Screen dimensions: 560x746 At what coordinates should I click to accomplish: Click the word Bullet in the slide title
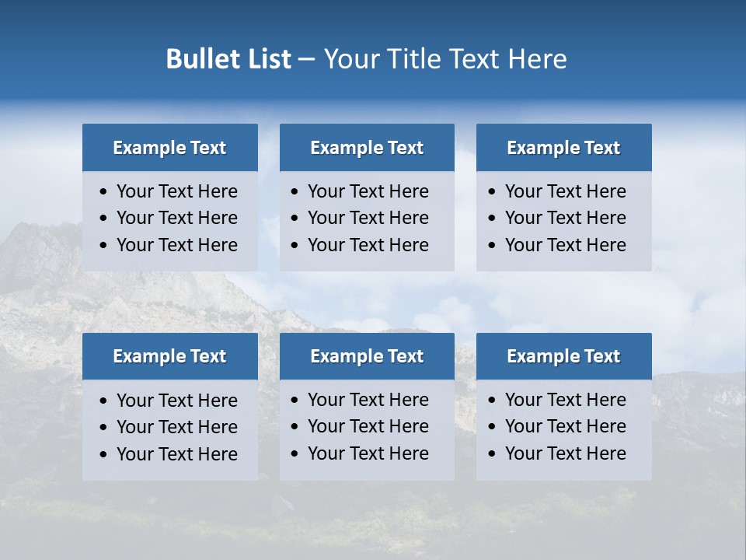(x=198, y=59)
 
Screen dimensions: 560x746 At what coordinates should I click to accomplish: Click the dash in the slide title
(x=307, y=60)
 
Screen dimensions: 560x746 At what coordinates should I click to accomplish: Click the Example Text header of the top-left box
(x=169, y=148)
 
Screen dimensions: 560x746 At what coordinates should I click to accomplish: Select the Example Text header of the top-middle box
(x=367, y=148)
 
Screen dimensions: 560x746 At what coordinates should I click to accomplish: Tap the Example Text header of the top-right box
(x=563, y=148)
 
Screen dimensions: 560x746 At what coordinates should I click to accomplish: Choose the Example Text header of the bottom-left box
(x=169, y=356)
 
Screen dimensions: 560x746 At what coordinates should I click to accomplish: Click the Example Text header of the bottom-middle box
(x=367, y=356)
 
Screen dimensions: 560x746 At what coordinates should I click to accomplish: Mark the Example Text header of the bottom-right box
(x=563, y=356)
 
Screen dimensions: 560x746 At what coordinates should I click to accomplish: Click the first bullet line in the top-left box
(x=176, y=191)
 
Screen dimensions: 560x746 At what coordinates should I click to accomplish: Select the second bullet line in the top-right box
(x=565, y=218)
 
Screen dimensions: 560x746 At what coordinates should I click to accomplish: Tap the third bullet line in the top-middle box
(x=368, y=245)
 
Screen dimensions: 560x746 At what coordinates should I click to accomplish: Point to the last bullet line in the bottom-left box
(x=176, y=454)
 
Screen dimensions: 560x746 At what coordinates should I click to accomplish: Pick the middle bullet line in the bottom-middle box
(x=368, y=426)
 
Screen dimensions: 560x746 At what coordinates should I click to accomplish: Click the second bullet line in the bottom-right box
(x=565, y=426)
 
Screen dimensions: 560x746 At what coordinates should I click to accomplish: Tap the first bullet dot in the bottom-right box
(x=492, y=401)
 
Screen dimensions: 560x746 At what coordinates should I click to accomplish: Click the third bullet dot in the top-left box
(x=104, y=246)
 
